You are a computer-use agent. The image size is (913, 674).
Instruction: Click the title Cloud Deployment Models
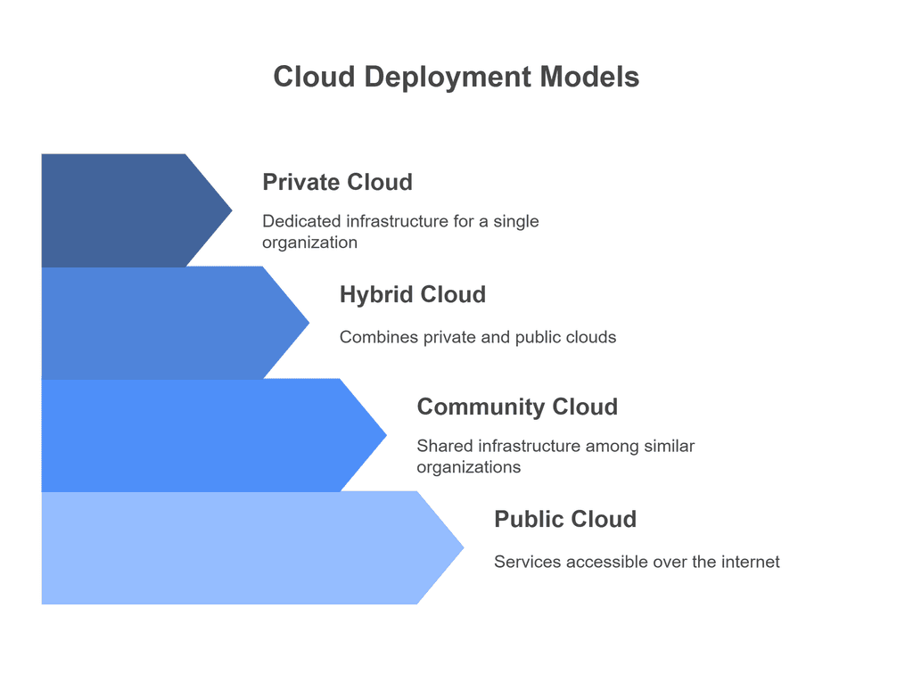pyautogui.click(x=456, y=77)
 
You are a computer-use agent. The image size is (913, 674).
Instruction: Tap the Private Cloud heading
pyautogui.click(x=337, y=182)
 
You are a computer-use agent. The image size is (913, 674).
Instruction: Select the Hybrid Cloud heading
pyautogui.click(x=412, y=294)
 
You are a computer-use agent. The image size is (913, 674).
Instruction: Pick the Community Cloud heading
pyautogui.click(x=516, y=407)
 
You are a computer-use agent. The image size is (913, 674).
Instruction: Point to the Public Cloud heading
pyautogui.click(x=565, y=519)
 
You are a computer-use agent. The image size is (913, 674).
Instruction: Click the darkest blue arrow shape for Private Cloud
pyautogui.click(x=125, y=210)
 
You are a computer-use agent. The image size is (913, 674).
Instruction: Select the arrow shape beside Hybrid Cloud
pyautogui.click(x=160, y=323)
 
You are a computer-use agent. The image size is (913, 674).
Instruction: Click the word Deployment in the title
pyautogui.click(x=448, y=77)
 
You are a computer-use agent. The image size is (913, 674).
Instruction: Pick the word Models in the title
pyautogui.click(x=588, y=77)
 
